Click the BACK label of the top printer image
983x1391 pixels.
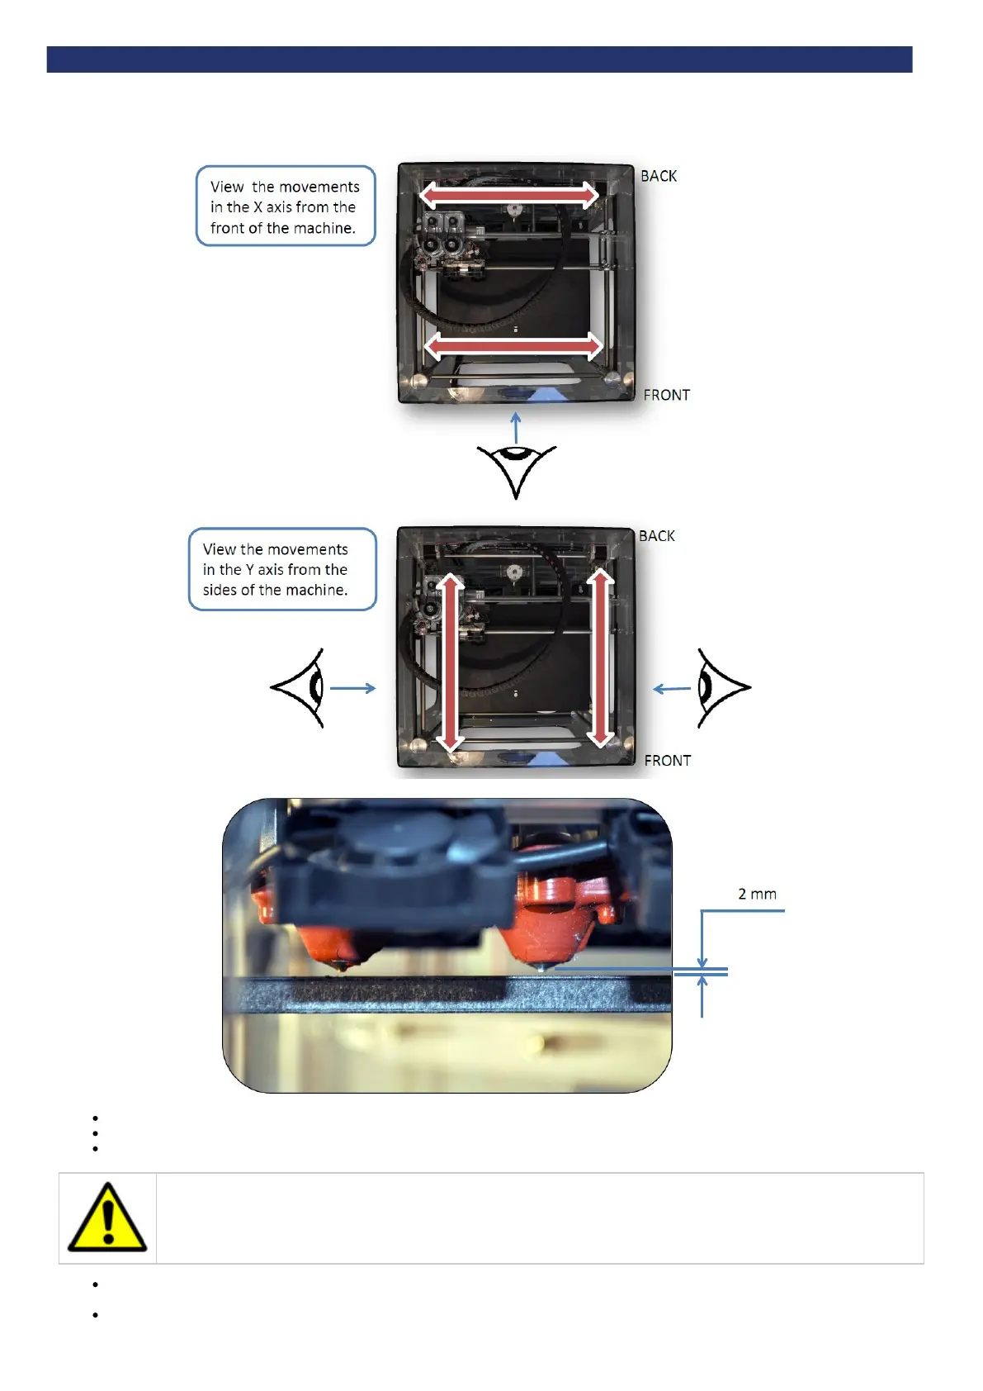tap(658, 176)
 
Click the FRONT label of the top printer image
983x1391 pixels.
tap(666, 395)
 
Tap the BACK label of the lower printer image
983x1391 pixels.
tap(656, 536)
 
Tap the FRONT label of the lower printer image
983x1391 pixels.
tap(667, 761)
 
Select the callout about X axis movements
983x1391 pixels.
tap(286, 207)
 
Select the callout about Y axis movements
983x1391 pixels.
tap(282, 569)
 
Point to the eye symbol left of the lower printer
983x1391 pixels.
tap(299, 687)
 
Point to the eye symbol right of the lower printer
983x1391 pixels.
tap(721, 687)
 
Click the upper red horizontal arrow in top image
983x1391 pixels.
tap(509, 195)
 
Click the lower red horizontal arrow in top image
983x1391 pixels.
tap(513, 345)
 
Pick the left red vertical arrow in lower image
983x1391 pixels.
tap(450, 662)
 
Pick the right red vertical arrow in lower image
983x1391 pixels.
tap(601, 658)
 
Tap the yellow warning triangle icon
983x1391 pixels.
tap(107, 1218)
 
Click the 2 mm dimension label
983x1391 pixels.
tap(757, 894)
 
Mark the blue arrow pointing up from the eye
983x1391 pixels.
tap(516, 428)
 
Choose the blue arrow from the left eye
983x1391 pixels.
tap(353, 687)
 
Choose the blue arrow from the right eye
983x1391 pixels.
tap(672, 688)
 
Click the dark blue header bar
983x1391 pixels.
tap(480, 59)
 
